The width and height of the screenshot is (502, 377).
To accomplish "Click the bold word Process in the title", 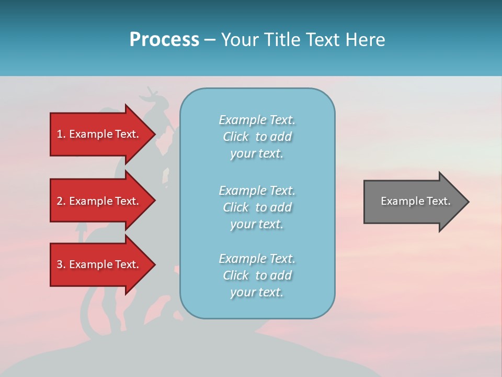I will [164, 40].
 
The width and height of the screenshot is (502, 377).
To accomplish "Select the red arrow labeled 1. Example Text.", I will [99, 134].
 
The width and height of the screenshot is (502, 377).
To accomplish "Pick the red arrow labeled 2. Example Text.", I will [99, 201].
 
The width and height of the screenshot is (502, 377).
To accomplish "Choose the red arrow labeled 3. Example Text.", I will [99, 264].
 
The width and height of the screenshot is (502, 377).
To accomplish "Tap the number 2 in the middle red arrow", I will [60, 201].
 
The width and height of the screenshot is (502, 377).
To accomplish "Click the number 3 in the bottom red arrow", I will [60, 264].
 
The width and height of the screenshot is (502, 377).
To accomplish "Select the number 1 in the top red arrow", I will [60, 134].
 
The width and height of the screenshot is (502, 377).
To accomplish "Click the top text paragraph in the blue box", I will [257, 137].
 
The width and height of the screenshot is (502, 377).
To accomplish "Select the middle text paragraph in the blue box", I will [257, 207].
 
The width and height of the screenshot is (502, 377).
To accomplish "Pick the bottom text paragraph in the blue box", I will [257, 275].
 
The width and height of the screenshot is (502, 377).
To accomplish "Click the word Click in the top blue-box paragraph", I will [236, 137].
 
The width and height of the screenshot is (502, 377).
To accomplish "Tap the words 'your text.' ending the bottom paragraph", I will [257, 292].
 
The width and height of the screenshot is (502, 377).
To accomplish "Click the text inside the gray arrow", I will [415, 201].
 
